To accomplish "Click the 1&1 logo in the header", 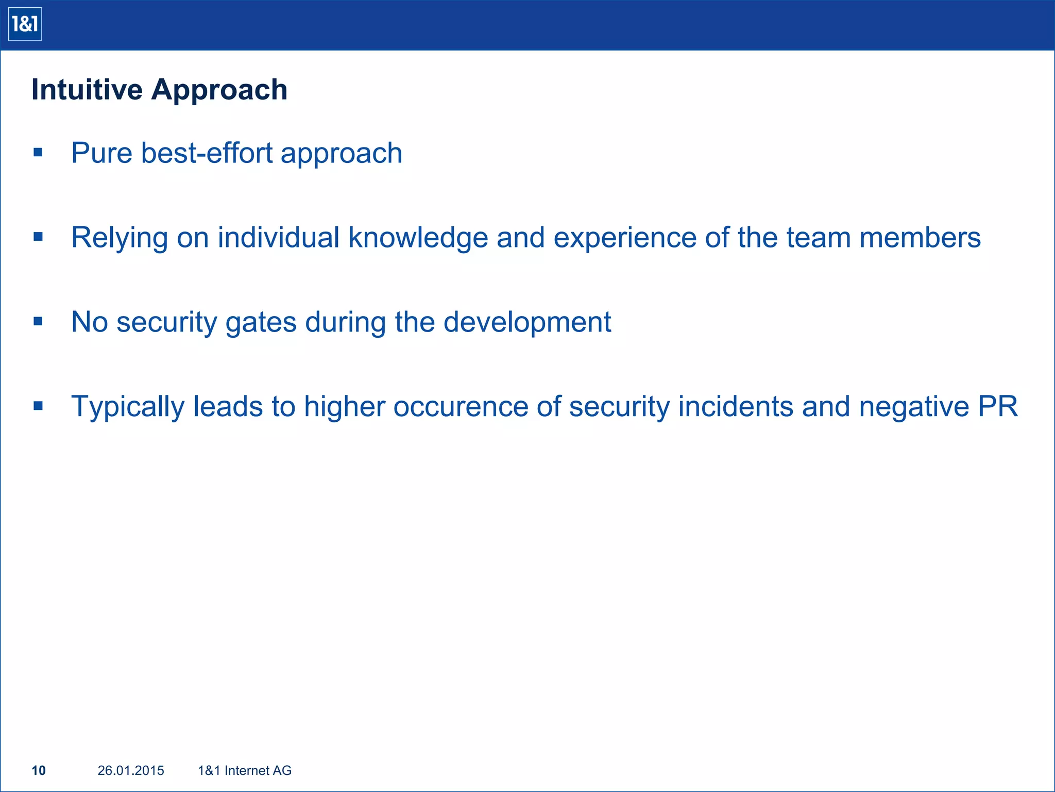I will [x=25, y=24].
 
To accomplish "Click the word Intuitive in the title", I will [x=87, y=90].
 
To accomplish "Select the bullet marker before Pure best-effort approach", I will [x=38, y=153].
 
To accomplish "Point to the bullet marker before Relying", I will [x=38, y=237].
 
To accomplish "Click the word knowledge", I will [x=418, y=238].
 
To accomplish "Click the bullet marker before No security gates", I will [x=38, y=322].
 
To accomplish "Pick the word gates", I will [x=261, y=323].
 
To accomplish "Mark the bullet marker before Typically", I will [x=38, y=406].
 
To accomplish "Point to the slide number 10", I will [x=39, y=770].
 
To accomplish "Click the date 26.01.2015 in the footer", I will [x=131, y=770].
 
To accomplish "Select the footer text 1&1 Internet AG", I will [x=245, y=770].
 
